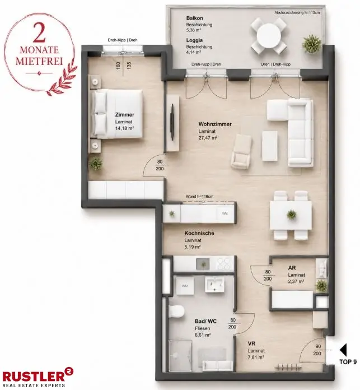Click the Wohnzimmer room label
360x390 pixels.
215,124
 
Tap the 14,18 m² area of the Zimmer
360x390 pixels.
124,128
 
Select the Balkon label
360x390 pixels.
194,18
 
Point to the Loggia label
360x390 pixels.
194,40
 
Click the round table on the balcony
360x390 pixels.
269,36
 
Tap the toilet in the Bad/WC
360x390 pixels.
176,311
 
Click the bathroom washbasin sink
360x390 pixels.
214,285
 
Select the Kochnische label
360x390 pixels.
199,233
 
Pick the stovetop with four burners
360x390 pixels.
224,263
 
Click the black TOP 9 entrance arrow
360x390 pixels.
344,350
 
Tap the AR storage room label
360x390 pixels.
292,268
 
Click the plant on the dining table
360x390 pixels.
292,214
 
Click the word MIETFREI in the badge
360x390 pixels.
39,61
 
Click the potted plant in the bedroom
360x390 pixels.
96,164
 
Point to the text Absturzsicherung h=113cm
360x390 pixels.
297,12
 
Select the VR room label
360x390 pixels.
251,343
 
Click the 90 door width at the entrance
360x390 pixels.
318,346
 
